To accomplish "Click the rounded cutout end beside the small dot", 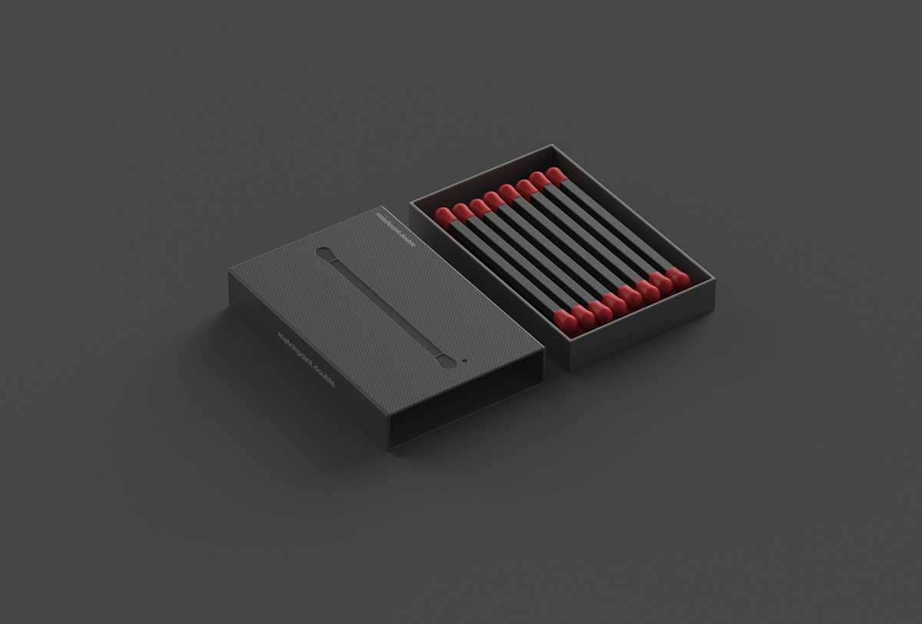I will pos(443,360).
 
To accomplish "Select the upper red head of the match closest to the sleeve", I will pos(444,217).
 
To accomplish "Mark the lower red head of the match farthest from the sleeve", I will pos(678,277).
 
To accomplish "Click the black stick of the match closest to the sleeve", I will pos(504,267).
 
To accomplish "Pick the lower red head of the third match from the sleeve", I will pos(599,310).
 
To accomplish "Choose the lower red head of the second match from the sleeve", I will pos(582,315).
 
